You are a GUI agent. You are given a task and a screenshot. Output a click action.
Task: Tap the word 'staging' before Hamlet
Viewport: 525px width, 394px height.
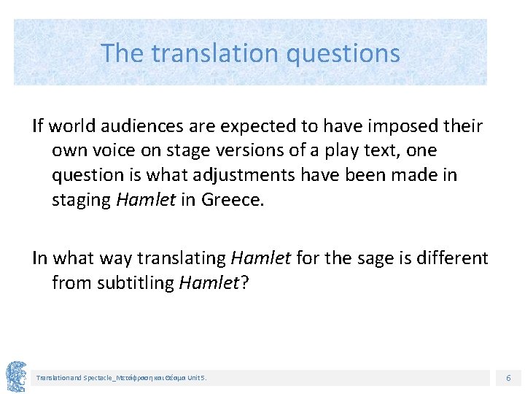(x=81, y=199)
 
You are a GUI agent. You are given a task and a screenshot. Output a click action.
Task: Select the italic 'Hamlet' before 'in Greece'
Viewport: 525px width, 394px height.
(x=145, y=199)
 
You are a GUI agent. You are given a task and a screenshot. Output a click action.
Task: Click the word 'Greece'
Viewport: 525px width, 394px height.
(x=230, y=199)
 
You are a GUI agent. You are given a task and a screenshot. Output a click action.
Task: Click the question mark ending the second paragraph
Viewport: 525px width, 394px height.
(x=244, y=282)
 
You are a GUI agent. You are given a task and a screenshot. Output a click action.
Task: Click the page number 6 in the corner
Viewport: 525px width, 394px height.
(x=508, y=378)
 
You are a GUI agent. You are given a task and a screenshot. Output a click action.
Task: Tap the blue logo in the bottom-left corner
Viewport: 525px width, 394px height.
(x=15, y=376)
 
